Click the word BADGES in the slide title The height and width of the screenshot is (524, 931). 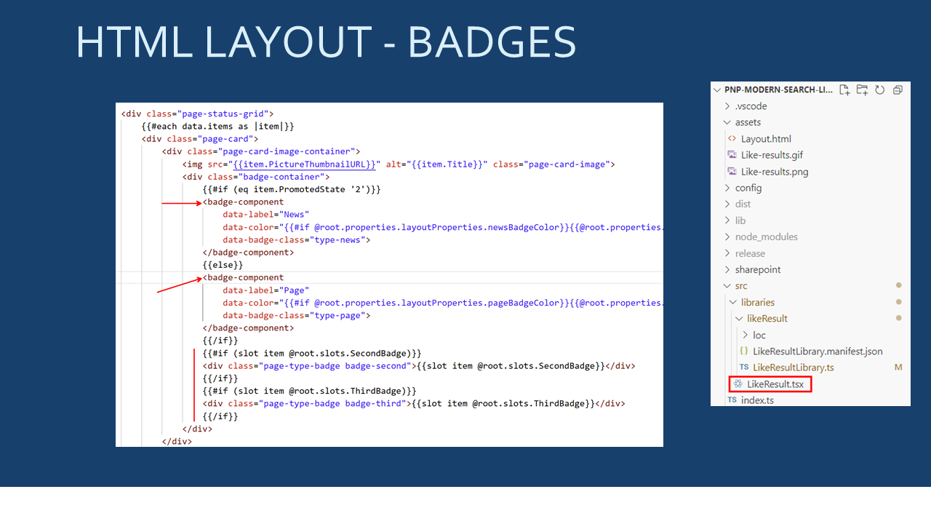tap(492, 42)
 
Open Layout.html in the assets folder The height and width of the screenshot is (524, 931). tap(766, 139)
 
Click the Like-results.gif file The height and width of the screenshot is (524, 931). tap(772, 155)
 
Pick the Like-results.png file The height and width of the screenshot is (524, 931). tap(775, 172)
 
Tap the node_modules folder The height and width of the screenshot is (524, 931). tap(767, 237)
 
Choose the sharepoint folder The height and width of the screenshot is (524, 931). tap(758, 270)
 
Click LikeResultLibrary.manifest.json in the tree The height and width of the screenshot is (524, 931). tap(818, 352)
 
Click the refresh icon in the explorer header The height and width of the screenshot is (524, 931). tap(879, 90)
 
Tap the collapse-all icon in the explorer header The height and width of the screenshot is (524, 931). tap(898, 90)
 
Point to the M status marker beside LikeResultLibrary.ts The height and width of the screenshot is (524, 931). tap(898, 368)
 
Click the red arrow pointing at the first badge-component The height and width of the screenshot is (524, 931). tap(182, 203)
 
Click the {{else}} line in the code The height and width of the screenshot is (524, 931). tap(223, 265)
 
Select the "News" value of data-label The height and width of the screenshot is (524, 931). tap(295, 215)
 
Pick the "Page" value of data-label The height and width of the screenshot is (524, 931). tap(295, 290)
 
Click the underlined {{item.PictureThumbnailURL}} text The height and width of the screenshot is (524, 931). tap(304, 164)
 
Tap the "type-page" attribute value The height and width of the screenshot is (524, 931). tap(337, 315)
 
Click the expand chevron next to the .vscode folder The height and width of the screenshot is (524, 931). tap(727, 106)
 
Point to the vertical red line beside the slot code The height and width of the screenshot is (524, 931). tap(194, 385)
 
